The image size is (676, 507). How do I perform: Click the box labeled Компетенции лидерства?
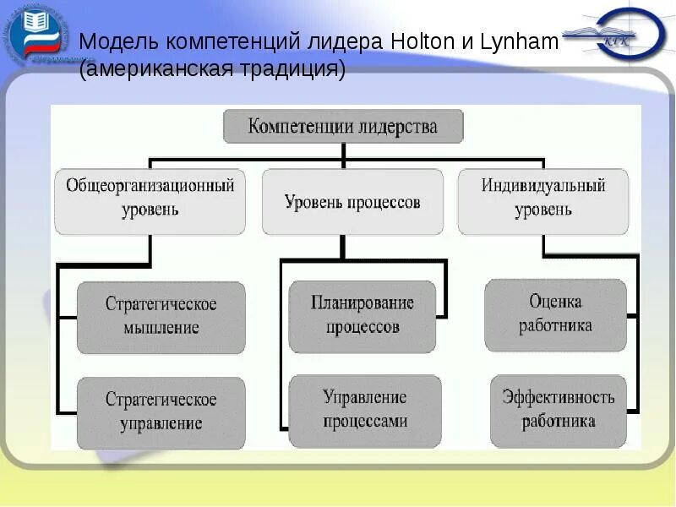tap(342, 127)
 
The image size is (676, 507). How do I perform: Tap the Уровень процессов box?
tap(352, 202)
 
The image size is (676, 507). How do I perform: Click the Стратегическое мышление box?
tap(161, 316)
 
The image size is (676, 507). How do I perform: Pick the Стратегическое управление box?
tap(161, 412)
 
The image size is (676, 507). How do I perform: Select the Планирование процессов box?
tap(363, 315)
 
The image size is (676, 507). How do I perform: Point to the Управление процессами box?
tap(364, 410)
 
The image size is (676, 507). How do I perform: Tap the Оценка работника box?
tap(555, 313)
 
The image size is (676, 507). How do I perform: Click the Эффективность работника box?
tap(557, 409)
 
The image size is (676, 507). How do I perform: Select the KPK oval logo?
tap(621, 35)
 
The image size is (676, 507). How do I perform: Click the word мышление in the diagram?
tap(161, 327)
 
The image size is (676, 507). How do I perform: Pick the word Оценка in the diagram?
tap(555, 302)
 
